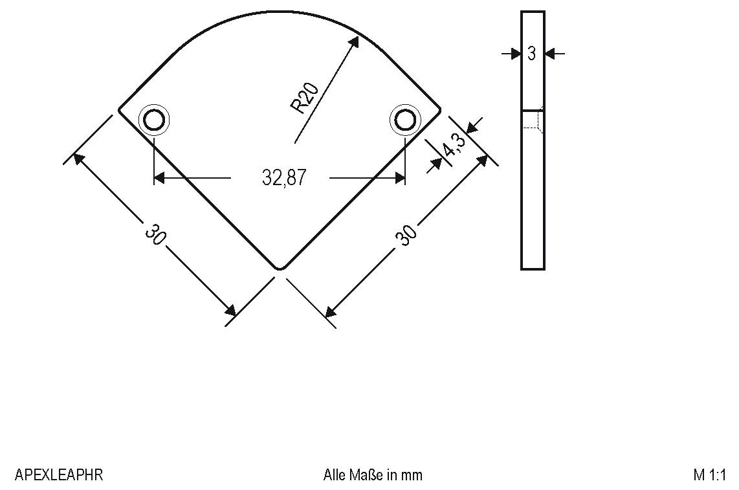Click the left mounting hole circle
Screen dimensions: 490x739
[x=154, y=120]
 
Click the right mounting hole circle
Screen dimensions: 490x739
[x=405, y=120]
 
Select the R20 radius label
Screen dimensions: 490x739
[x=305, y=98]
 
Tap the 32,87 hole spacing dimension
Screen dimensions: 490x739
[x=283, y=177]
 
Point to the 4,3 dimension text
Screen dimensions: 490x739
[x=454, y=146]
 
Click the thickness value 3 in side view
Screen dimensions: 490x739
[x=532, y=54]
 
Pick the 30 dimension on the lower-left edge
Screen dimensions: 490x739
[x=155, y=234]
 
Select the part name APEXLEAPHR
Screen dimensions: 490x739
[x=58, y=475]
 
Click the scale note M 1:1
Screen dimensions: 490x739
[x=709, y=475]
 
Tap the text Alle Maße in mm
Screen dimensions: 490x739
[x=373, y=475]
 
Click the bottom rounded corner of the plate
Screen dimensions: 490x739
[x=279, y=266]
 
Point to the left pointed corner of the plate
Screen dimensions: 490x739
[x=120, y=110]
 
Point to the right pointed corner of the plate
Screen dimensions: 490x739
[x=439, y=110]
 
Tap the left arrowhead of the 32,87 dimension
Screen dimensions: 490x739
[x=160, y=177]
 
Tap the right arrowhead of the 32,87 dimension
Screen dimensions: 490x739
[x=399, y=177]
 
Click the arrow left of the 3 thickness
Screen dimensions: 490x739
[x=515, y=54]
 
